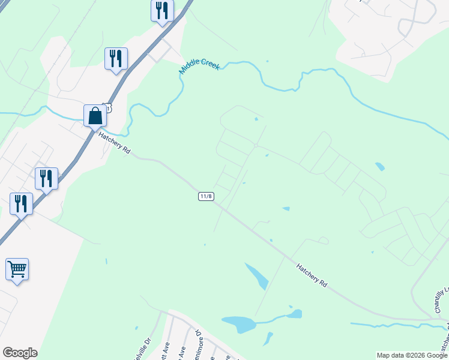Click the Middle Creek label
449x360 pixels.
click(x=199, y=68)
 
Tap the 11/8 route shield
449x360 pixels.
click(x=206, y=196)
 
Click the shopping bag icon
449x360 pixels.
click(x=95, y=116)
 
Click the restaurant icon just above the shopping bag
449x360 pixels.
click(x=116, y=58)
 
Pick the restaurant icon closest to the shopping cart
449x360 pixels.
click(x=22, y=204)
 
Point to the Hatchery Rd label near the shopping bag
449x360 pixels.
click(x=114, y=143)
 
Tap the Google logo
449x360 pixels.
click(x=20, y=352)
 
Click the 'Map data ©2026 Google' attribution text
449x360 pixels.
click(x=412, y=355)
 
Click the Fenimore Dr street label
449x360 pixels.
click(x=199, y=345)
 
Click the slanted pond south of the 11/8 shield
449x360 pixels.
click(x=257, y=275)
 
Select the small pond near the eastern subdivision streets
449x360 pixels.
click(x=379, y=166)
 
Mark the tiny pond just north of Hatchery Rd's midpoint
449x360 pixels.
click(x=286, y=209)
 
